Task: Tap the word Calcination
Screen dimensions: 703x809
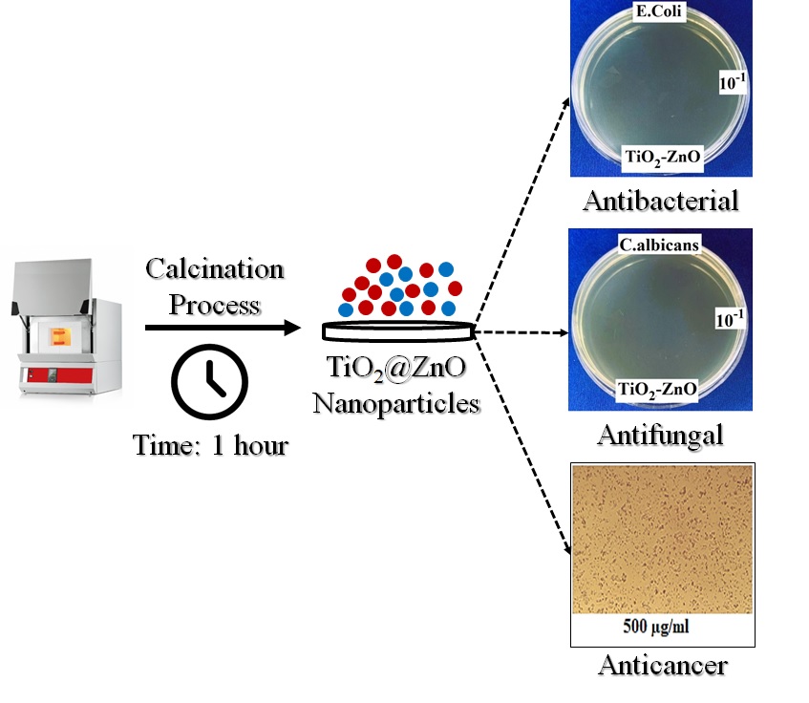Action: click(215, 268)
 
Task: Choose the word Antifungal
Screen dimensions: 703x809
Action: click(660, 436)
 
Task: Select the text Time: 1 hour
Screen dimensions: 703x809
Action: click(210, 444)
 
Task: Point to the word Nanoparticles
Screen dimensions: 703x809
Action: click(396, 404)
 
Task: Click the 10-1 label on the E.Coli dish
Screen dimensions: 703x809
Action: click(732, 83)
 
